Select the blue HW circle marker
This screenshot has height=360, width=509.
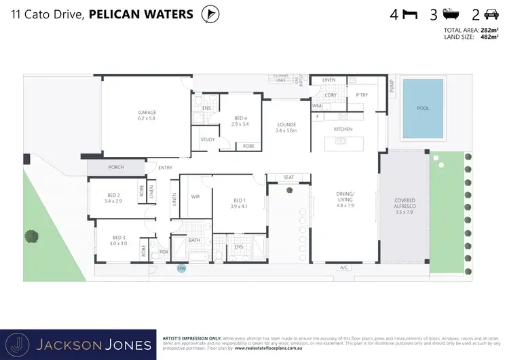point(181,269)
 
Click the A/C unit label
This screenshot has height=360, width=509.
point(344,268)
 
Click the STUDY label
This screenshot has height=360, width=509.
point(207,140)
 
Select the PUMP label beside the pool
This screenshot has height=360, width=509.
point(392,86)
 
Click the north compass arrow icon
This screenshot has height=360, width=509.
point(212,14)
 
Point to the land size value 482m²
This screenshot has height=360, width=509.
point(488,38)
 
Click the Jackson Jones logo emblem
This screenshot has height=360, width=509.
point(21,344)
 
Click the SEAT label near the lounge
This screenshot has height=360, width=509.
point(288,177)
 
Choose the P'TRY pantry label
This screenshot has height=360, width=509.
point(361,95)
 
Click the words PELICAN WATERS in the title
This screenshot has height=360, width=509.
point(141,14)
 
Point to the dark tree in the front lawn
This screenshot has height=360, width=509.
point(31,236)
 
